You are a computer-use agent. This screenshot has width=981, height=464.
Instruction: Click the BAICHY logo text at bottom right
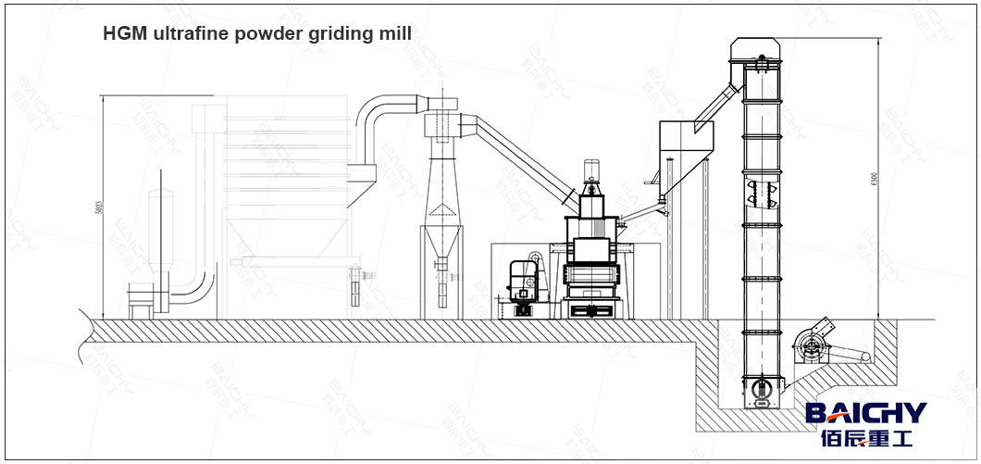click(x=864, y=412)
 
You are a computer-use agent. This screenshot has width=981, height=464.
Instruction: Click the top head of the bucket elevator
click(x=762, y=50)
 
